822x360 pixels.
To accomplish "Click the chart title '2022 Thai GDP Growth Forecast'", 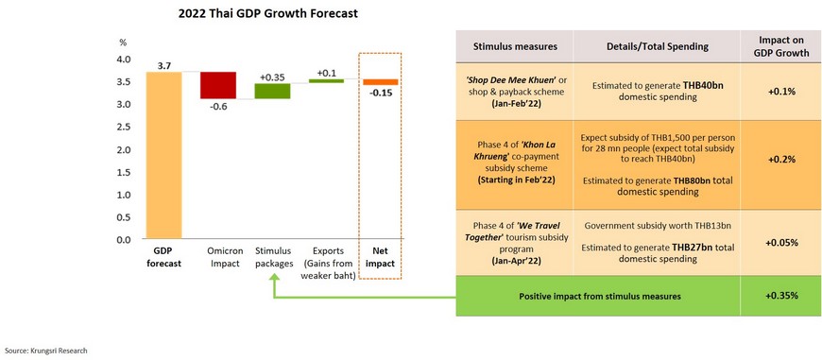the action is (268, 14).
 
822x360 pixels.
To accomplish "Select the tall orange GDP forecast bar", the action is (164, 156).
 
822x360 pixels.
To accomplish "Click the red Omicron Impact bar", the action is (218, 85).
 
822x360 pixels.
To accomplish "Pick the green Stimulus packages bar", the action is (273, 91).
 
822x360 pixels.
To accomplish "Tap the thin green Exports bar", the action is (327, 80).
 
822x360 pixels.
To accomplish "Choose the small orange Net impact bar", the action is (381, 82).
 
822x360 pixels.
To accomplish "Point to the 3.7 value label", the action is (164, 66).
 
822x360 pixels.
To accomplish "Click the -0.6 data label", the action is (218, 106).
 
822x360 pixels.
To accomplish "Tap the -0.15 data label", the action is (381, 94).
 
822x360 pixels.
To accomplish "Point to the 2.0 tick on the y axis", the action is (123, 150).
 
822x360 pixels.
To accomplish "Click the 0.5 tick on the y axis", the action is (123, 217).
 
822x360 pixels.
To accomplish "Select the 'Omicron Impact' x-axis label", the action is (218, 257).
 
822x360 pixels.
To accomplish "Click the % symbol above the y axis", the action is (123, 43).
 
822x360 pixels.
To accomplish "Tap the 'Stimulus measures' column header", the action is (515, 46).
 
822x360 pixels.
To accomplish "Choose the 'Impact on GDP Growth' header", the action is (780, 46).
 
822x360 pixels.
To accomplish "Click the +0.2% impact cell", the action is (781, 160).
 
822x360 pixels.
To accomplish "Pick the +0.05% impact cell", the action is (781, 243).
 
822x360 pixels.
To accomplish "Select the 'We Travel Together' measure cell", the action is (515, 242).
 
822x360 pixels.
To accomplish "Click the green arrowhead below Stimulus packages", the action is (273, 282).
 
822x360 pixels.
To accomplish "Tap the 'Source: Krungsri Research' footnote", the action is (46, 350).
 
